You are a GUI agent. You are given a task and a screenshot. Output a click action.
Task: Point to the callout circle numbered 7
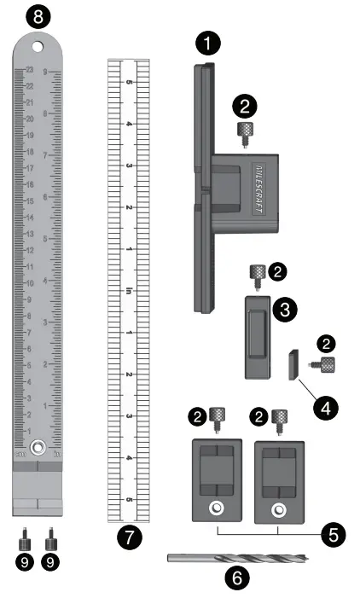(x=129, y=537)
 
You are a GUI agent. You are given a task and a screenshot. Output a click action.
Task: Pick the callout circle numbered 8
(x=38, y=15)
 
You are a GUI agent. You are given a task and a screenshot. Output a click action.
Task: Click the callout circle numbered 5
(x=334, y=535)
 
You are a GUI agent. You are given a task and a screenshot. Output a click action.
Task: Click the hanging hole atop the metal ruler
(x=38, y=47)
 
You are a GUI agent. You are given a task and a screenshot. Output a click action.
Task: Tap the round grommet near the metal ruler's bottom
(x=38, y=447)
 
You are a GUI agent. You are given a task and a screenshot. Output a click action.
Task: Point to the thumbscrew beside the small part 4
(x=324, y=364)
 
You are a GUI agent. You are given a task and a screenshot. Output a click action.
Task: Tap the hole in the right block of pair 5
(x=277, y=510)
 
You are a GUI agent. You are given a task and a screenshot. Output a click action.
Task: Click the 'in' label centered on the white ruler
(x=129, y=291)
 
